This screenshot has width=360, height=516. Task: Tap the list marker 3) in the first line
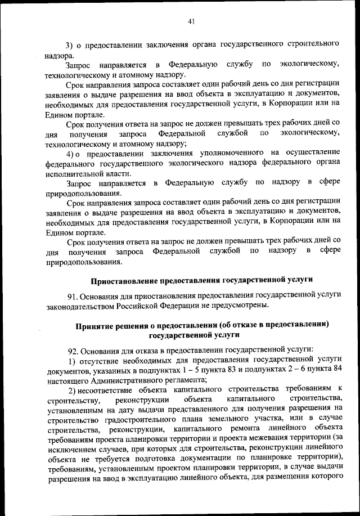tap(70, 44)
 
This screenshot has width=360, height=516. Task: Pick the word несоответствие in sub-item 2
tap(110, 390)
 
